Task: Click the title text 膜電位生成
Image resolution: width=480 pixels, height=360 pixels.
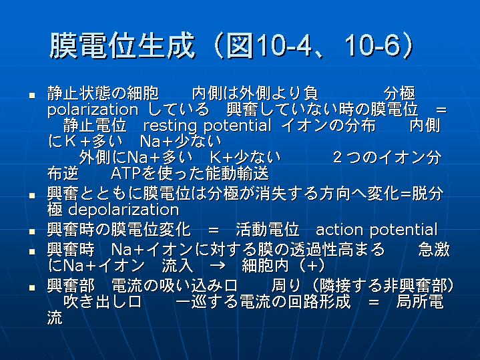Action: point(122,45)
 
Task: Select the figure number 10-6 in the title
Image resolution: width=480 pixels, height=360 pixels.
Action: point(373,46)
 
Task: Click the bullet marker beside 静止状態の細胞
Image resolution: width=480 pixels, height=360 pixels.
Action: point(32,96)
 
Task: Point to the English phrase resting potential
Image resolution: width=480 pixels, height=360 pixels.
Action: point(207,126)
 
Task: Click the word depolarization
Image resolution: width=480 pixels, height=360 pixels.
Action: point(124,210)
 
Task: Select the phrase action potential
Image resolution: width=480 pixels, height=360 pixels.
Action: point(377,230)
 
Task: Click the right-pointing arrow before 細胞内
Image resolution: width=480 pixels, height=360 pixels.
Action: point(218,265)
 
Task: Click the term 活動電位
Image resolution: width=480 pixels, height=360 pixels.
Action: point(267,230)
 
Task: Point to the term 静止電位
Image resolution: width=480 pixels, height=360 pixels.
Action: point(95,126)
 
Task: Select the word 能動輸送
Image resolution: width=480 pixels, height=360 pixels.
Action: point(237,173)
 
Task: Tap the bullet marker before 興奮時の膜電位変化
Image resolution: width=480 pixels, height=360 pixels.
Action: point(32,231)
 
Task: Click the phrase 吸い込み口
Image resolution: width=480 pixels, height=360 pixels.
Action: point(206,286)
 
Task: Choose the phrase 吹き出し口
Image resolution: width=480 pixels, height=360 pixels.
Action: point(102,301)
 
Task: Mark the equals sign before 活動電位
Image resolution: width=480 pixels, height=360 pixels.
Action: point(214,230)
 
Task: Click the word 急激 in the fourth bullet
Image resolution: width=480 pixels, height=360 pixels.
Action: point(433,250)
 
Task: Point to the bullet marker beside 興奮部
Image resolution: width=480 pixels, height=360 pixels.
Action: point(32,288)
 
